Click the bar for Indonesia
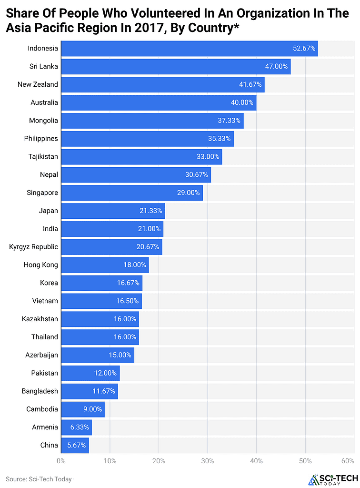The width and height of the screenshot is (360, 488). (x=190, y=49)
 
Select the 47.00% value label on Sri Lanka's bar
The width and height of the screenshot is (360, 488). (x=276, y=67)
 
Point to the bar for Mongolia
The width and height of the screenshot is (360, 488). (x=152, y=121)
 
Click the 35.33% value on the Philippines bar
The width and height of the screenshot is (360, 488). (x=219, y=139)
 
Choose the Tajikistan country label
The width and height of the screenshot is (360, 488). (x=41, y=157)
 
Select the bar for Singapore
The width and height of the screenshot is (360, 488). (x=132, y=193)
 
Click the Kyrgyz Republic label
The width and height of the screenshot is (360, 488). (x=33, y=247)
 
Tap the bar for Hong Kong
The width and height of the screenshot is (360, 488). (x=105, y=265)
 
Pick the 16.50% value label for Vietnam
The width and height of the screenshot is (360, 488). (x=127, y=301)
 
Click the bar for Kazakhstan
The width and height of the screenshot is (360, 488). (x=100, y=319)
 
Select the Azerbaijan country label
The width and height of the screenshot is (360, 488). (x=41, y=355)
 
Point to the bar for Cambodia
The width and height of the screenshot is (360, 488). (x=83, y=409)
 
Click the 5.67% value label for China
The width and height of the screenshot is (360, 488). (x=76, y=445)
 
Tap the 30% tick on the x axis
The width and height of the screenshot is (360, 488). (x=207, y=461)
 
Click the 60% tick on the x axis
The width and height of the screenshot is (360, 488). (x=348, y=461)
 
